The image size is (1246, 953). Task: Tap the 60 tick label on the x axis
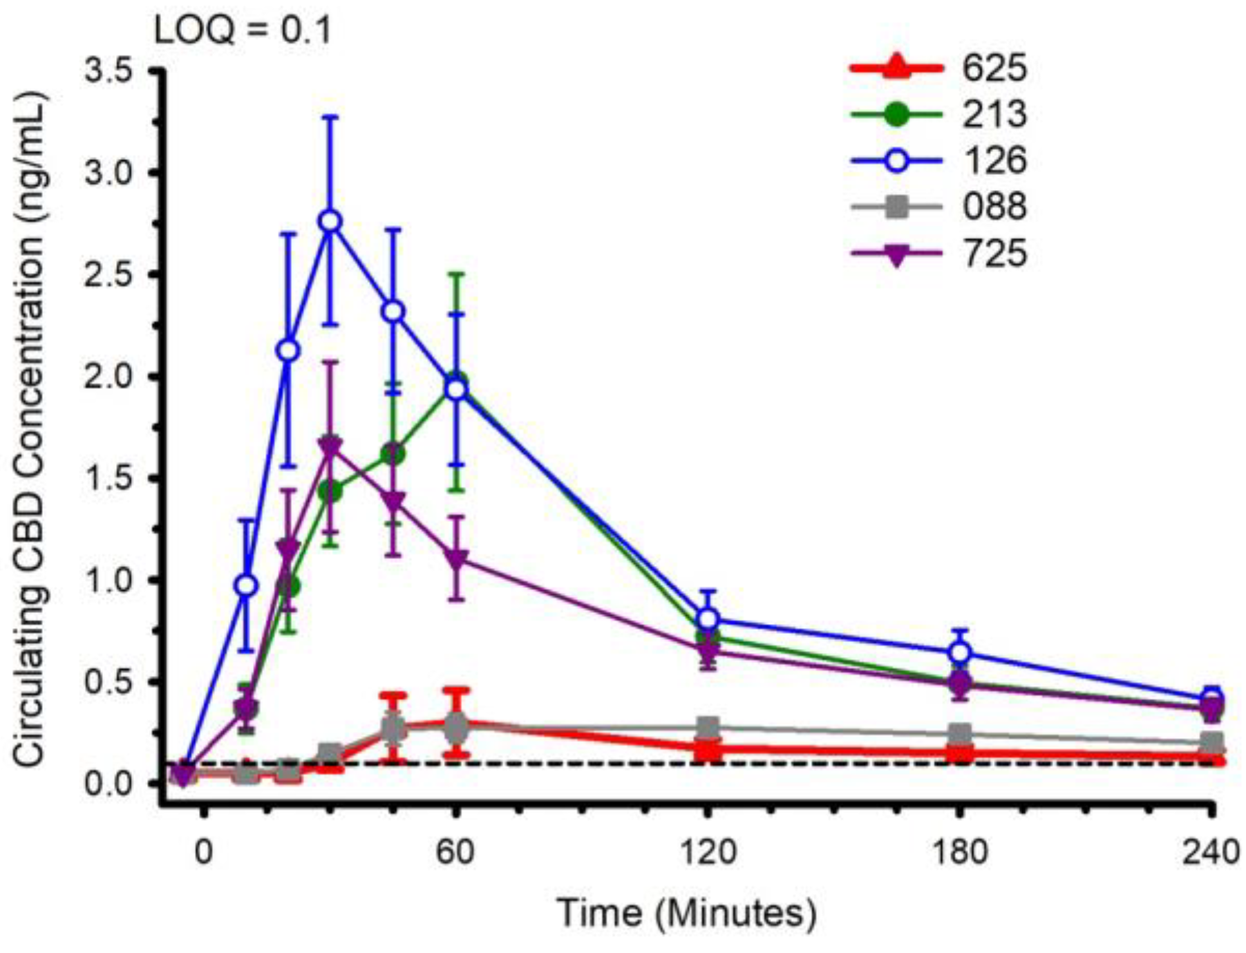(x=455, y=852)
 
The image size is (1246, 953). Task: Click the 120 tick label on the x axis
(x=707, y=852)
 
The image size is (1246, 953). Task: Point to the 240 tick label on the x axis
(x=1210, y=852)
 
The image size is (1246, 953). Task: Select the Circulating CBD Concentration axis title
(x=31, y=428)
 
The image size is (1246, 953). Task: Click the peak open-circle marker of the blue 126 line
(x=330, y=222)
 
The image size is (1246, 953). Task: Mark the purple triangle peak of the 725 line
(x=330, y=446)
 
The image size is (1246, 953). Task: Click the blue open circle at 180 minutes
(x=959, y=652)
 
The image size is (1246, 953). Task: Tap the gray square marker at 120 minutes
(x=707, y=727)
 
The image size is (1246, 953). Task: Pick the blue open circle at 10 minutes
(x=247, y=586)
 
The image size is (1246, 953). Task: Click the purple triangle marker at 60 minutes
(x=455, y=558)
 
